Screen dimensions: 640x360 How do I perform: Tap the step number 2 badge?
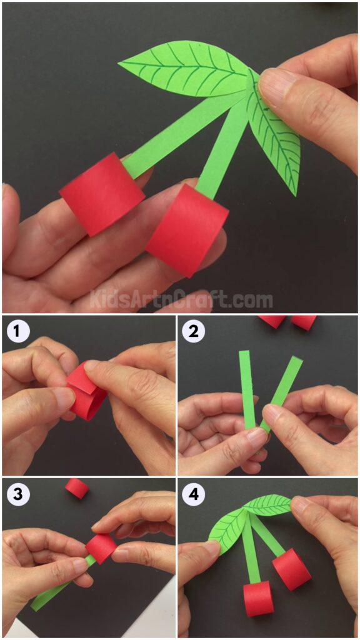click(x=194, y=331)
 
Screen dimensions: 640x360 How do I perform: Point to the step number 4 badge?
click(x=194, y=496)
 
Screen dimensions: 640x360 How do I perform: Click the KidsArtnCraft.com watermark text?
click(x=181, y=301)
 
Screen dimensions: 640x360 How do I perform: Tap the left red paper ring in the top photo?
click(x=101, y=194)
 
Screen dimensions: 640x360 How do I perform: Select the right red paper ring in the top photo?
click(x=187, y=230)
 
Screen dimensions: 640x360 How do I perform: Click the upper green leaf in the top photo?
click(x=184, y=68)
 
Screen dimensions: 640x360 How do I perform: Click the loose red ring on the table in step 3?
click(x=77, y=488)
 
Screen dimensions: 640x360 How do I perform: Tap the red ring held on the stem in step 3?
click(x=101, y=547)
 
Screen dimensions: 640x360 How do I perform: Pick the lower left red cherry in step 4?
click(x=258, y=597)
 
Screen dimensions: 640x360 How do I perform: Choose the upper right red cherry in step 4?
click(x=291, y=568)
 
